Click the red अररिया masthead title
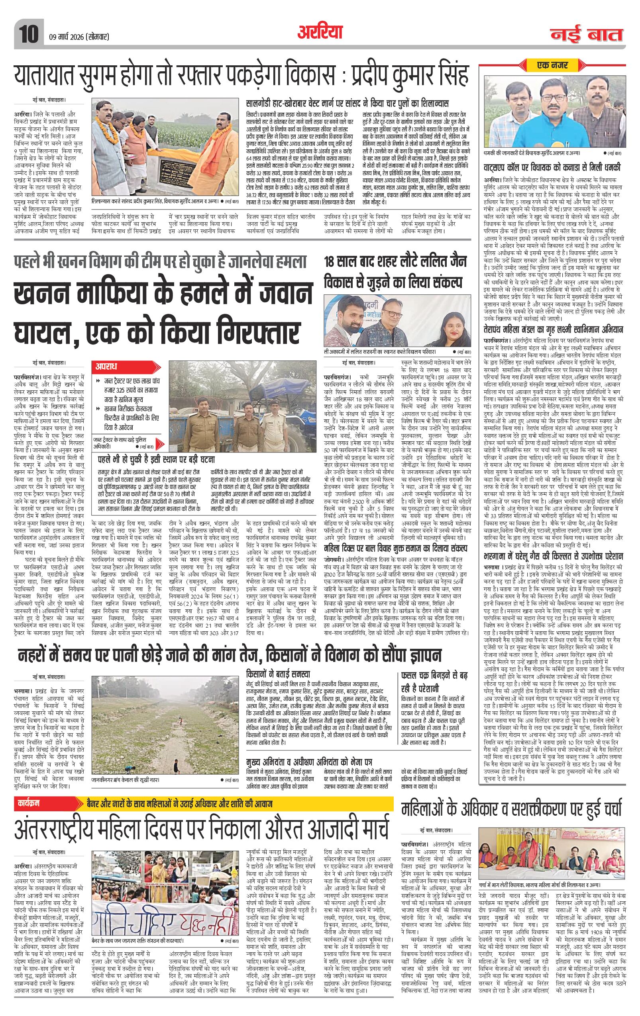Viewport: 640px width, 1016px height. (x=320, y=32)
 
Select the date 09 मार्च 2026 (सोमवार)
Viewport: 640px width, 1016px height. (x=77, y=37)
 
